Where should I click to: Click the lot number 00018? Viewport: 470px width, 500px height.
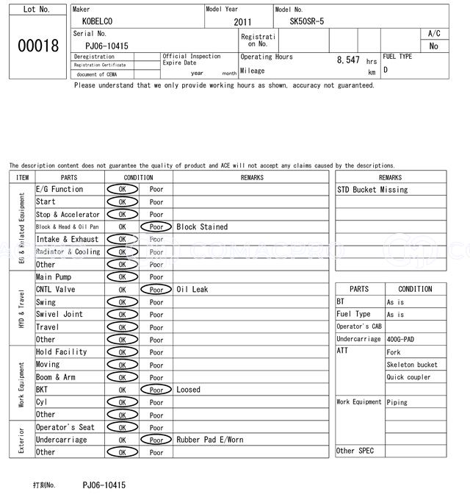37,46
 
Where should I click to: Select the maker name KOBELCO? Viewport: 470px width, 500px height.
98,21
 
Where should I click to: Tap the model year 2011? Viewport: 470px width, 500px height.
242,22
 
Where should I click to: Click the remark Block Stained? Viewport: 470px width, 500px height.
202,227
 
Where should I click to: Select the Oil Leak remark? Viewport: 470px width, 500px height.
192,290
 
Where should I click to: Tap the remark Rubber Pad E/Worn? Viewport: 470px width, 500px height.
209,440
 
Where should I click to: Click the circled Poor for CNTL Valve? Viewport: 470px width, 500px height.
156,290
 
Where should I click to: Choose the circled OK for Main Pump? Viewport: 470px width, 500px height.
122,277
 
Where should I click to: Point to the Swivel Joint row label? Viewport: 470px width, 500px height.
59,315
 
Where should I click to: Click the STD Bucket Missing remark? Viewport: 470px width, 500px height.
372,190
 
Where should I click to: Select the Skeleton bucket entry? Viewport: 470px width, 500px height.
412,365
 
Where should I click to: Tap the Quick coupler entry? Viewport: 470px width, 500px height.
409,377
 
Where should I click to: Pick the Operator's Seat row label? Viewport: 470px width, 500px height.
65,427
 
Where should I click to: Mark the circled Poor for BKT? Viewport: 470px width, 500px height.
156,390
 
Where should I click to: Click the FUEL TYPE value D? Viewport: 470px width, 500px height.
386,71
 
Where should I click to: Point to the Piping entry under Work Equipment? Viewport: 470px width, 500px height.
397,402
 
